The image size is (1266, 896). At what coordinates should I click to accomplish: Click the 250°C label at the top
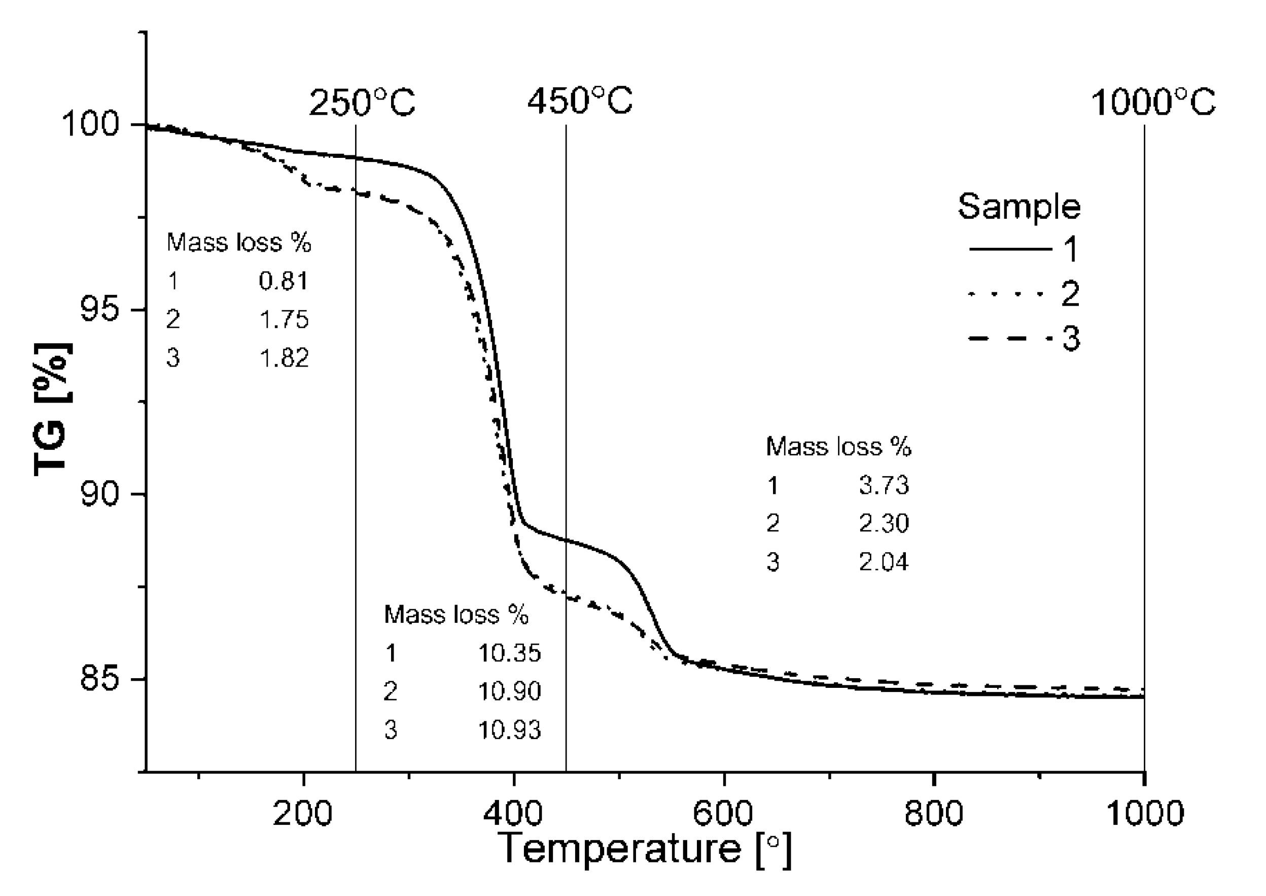(x=362, y=103)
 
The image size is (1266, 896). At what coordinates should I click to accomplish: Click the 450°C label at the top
(x=580, y=102)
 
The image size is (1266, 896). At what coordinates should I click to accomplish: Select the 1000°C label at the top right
(x=1153, y=103)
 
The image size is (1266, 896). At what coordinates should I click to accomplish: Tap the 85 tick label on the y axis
(x=99, y=679)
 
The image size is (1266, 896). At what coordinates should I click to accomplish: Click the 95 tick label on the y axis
(x=99, y=309)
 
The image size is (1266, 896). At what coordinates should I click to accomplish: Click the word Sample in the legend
(x=1019, y=207)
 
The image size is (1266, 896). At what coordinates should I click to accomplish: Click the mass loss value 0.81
(x=284, y=281)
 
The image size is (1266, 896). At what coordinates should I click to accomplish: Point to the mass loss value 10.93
(x=509, y=731)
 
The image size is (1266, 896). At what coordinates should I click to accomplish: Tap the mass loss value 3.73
(x=884, y=485)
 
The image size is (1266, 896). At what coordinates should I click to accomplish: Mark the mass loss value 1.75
(x=284, y=320)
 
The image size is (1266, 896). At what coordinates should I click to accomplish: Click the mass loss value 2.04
(x=884, y=562)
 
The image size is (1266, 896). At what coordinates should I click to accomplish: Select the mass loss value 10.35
(x=509, y=653)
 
